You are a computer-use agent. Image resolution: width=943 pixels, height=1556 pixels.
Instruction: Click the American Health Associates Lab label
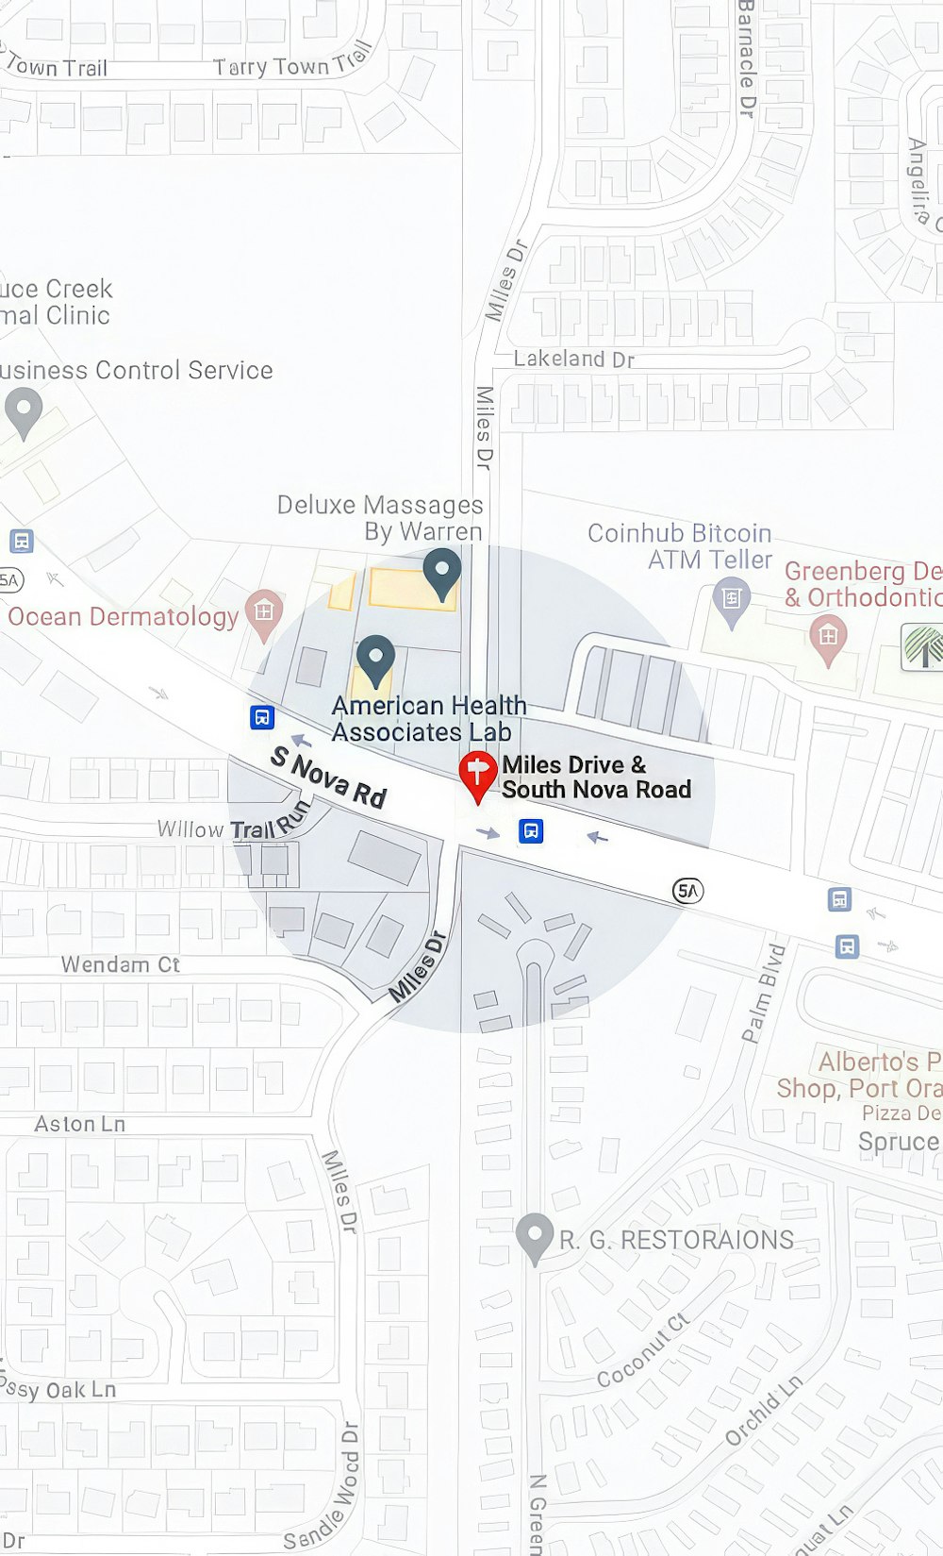coord(428,719)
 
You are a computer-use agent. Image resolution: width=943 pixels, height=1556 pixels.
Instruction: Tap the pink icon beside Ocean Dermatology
coord(264,612)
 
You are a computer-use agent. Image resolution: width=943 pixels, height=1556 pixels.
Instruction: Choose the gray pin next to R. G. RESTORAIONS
coord(535,1236)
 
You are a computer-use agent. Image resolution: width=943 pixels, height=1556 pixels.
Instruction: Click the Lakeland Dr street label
coord(573,359)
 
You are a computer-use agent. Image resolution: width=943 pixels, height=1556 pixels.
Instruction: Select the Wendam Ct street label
coord(120,964)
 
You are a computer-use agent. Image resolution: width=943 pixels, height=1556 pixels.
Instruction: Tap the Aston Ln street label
coord(79,1124)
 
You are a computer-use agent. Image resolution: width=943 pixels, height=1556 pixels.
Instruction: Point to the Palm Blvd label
coord(764,993)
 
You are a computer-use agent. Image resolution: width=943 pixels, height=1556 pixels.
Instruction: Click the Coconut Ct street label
coord(643,1350)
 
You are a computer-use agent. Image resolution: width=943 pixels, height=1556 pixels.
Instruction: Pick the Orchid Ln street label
coord(764,1411)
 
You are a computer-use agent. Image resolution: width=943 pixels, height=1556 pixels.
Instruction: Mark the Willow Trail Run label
coord(234,824)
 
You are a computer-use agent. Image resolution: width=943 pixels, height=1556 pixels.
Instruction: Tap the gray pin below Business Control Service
coord(24,411)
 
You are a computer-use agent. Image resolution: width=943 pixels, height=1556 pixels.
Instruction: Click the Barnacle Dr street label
coord(747,59)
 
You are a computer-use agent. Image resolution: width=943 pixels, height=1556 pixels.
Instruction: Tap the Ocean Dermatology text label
coord(123,617)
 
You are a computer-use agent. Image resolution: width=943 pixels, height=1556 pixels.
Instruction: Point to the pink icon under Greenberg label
coord(828,639)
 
